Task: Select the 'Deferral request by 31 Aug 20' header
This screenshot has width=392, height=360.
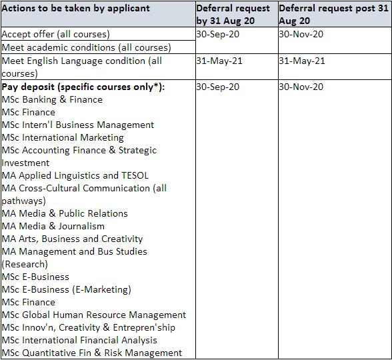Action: point(233,14)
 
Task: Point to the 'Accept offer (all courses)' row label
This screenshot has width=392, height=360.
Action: point(56,34)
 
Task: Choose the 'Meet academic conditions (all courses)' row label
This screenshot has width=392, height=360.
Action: point(86,47)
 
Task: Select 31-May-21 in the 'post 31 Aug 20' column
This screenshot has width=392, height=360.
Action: point(302,61)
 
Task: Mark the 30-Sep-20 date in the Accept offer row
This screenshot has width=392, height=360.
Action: point(218,34)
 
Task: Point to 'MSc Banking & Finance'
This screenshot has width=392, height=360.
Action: point(52,99)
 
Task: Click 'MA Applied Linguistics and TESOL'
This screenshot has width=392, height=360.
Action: point(75,175)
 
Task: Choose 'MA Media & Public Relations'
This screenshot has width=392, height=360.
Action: point(65,213)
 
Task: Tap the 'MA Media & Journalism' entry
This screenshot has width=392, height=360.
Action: point(53,226)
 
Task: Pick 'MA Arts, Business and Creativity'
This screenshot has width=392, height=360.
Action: point(72,239)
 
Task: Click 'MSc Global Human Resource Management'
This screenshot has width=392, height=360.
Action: point(94,315)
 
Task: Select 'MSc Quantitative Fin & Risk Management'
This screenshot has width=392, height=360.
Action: point(92,353)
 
